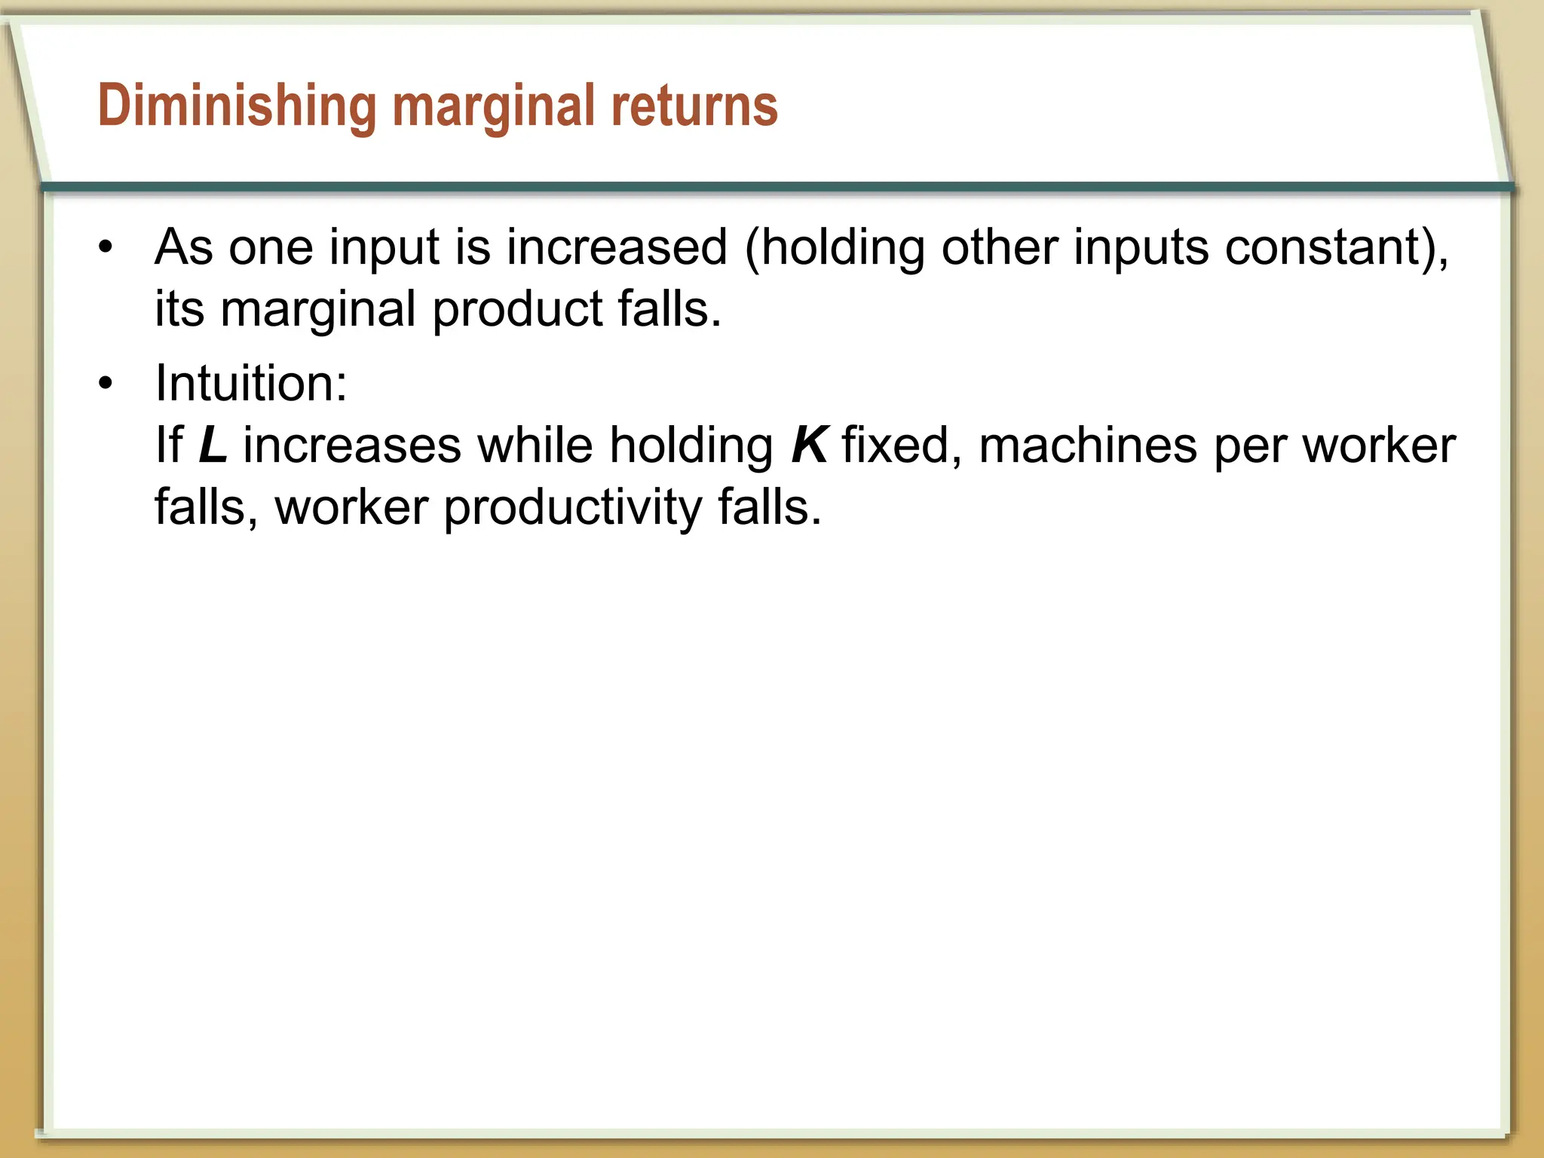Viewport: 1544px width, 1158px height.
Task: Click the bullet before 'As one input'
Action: tap(106, 247)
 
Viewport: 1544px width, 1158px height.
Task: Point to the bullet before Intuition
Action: tap(106, 384)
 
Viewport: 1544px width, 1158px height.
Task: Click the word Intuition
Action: tap(250, 384)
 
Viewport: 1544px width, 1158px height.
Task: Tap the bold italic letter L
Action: tap(213, 446)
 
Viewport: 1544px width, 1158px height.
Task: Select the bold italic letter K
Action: tap(809, 446)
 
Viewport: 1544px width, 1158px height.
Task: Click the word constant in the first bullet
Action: tap(1323, 247)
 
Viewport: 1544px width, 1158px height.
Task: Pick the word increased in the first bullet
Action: tap(617, 247)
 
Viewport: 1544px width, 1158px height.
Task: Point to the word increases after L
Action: tap(351, 446)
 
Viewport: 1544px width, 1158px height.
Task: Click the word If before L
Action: tap(169, 446)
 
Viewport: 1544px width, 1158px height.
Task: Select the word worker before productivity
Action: tap(351, 507)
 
